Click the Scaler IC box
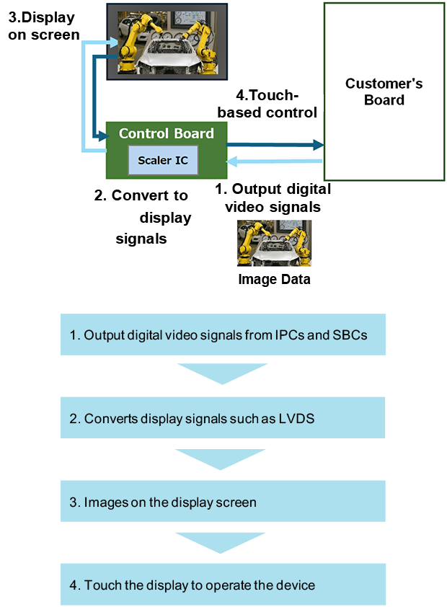click(163, 159)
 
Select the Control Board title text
click(166, 133)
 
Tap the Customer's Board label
click(384, 92)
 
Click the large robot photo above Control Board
click(166, 40)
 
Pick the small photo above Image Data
click(274, 243)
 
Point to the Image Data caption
click(274, 279)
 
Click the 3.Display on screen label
click(41, 25)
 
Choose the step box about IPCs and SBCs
click(223, 334)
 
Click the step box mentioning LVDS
click(223, 418)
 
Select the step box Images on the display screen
click(223, 501)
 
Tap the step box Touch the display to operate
click(223, 584)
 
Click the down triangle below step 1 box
click(222, 374)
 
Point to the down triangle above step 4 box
click(222, 542)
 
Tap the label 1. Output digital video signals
click(274, 198)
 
